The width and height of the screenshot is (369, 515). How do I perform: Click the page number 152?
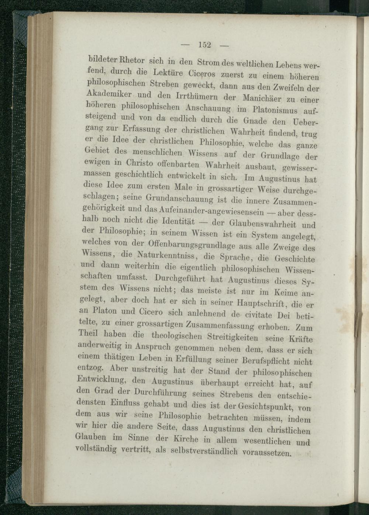204,45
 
